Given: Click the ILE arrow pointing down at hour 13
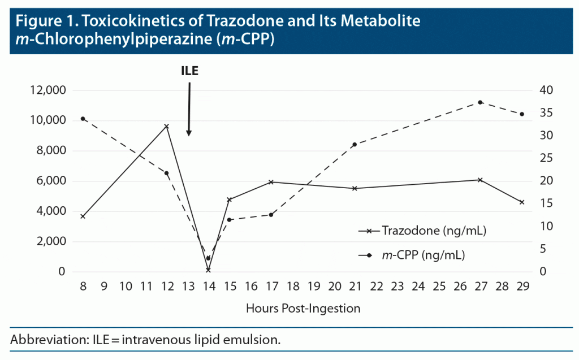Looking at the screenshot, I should pos(189,110).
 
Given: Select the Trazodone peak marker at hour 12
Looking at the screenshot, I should pos(166,126).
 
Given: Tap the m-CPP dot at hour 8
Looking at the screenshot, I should pos(83,119).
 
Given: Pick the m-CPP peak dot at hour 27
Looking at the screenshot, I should pos(480,102).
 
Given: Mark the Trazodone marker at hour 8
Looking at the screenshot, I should pos(83,216).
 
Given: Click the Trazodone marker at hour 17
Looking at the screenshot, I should pos(271,182).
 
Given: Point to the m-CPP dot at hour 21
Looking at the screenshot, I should pos(355,145).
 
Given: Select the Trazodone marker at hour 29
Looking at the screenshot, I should pos(522,202).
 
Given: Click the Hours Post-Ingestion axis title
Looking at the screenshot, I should pos(303,309).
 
